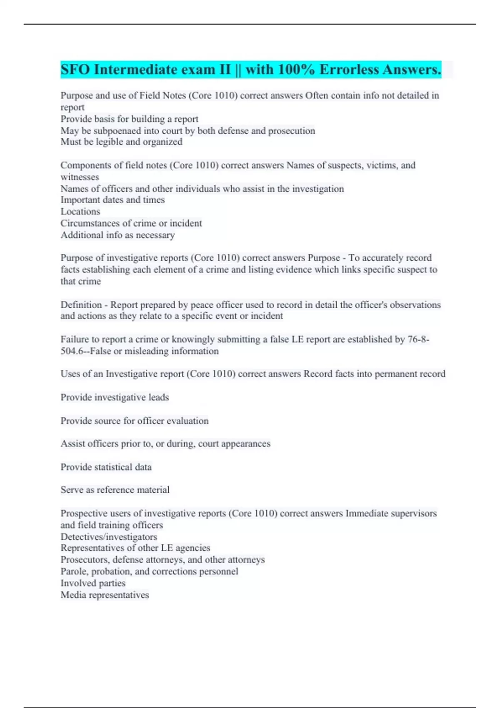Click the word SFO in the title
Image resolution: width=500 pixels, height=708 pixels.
point(75,70)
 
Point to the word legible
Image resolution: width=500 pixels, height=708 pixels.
point(109,142)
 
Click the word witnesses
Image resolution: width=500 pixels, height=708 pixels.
point(80,177)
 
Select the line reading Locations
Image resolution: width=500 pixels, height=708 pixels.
point(80,212)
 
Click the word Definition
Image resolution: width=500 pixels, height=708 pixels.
point(81,305)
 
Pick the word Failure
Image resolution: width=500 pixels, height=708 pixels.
point(75,339)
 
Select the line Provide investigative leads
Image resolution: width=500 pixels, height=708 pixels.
point(115,397)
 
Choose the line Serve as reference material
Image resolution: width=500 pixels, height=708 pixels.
point(115,490)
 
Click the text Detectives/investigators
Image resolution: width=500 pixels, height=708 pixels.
point(109,537)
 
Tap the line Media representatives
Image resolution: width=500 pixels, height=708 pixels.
point(105,595)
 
